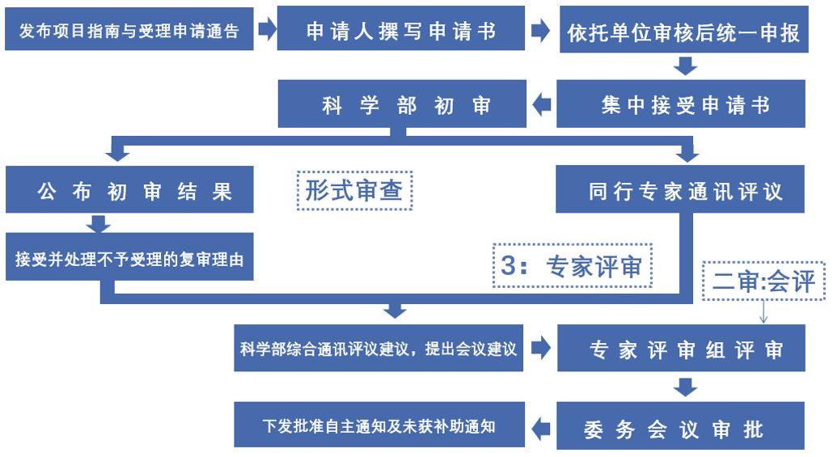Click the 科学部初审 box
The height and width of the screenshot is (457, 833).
coord(401,105)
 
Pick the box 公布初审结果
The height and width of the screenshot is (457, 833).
coord(129,191)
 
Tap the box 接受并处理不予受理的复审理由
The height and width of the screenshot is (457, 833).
coord(129,259)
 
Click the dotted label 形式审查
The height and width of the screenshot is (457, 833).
coord(354,191)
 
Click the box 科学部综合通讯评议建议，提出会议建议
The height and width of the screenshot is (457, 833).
coord(378,349)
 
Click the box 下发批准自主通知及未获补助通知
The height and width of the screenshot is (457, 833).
coord(378,425)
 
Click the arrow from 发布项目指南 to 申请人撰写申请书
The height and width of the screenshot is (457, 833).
coord(265,31)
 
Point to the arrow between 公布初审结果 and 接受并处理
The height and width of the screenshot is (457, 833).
coord(100,222)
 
